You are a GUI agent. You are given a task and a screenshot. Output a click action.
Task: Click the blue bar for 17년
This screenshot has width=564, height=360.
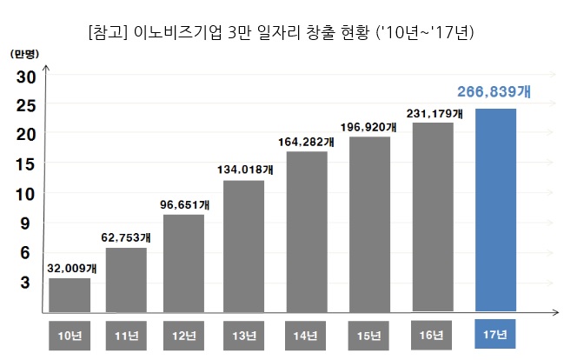[496, 210]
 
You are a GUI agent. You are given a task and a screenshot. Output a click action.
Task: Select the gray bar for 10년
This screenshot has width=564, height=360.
[70, 295]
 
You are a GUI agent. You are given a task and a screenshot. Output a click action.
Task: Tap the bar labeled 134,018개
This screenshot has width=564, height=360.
[243, 246]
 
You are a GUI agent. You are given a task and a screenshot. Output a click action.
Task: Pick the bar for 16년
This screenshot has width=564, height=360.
[433, 217]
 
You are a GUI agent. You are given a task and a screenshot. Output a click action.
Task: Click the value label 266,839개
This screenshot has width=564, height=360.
[495, 91]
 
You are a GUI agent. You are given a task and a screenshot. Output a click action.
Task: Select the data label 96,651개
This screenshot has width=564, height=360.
[182, 204]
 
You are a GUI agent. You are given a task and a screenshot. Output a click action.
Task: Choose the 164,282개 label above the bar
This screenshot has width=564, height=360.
[306, 141]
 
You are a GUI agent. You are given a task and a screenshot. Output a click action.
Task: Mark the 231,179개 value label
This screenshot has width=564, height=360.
[435, 113]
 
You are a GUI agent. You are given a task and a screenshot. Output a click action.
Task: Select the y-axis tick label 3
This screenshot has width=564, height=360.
[26, 282]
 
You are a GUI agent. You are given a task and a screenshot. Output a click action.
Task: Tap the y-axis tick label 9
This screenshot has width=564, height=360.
[26, 223]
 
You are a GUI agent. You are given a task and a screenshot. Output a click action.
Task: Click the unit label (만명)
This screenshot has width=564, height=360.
[27, 53]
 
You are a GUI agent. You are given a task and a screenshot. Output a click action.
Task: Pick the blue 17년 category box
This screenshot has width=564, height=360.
[496, 336]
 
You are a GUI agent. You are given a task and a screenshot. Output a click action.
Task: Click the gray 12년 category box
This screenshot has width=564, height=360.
[182, 336]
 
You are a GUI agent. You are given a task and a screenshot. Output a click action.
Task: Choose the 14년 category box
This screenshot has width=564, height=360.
[306, 336]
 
